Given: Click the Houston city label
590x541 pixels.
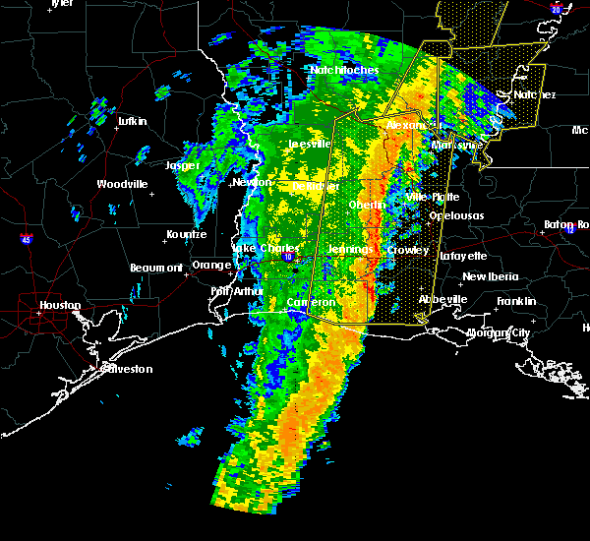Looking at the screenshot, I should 60,305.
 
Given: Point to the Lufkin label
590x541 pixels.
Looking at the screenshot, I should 131,121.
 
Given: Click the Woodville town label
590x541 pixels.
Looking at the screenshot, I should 122,184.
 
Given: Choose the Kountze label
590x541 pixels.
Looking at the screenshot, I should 186,234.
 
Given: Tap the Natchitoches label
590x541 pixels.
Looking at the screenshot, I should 343,70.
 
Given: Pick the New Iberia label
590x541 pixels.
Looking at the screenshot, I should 490,277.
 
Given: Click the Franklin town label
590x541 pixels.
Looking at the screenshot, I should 516,301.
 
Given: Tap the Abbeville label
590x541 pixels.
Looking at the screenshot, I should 442,299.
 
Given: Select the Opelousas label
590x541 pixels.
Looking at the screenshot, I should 456,215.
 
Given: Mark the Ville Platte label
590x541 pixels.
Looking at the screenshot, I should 433,197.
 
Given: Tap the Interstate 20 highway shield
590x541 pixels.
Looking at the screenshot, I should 557,9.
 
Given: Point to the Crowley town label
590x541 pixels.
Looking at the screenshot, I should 408,250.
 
